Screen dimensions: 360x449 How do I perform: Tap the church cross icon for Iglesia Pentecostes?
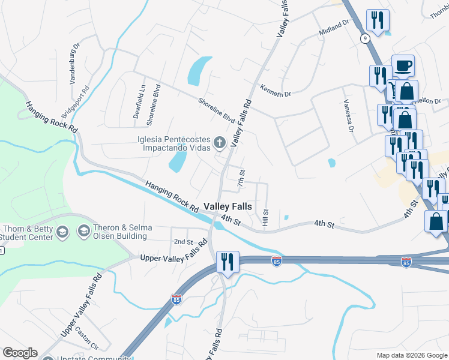tap(220, 143)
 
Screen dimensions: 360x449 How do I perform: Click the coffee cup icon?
tap(403, 65)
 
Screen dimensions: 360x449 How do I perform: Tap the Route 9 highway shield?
tap(365, 38)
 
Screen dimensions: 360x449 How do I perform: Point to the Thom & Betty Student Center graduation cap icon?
tap(62, 232)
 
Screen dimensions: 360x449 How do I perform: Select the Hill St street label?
tap(265, 218)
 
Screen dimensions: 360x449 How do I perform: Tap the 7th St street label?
tap(241, 178)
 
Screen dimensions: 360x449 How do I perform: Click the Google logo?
tap(20, 353)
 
